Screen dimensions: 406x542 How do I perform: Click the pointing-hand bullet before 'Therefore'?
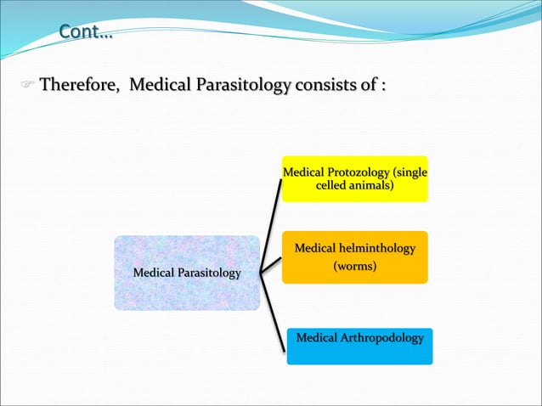point(26,87)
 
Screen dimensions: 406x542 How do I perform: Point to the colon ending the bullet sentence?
point(383,87)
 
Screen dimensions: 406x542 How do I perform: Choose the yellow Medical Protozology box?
point(354,179)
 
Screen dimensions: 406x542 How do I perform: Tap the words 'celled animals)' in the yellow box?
point(354,185)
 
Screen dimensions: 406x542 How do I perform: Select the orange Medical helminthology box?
point(354,257)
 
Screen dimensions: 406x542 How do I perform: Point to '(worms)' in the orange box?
point(354,267)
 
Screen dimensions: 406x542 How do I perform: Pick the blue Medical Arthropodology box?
point(359,347)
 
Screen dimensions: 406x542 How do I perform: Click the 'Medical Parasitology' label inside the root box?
point(187,273)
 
